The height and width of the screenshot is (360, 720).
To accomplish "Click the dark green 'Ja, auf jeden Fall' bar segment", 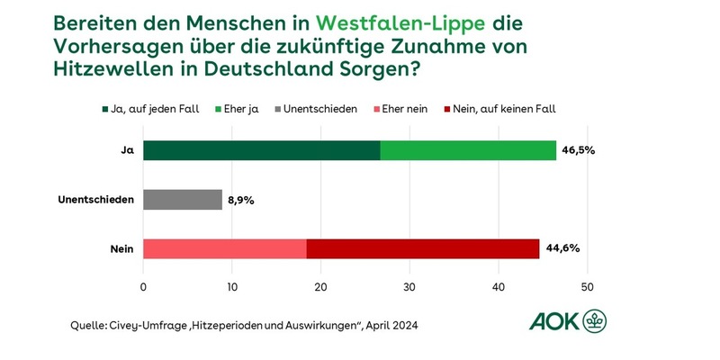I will pos(261,151).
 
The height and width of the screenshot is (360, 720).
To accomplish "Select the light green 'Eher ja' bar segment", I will pos(468,151).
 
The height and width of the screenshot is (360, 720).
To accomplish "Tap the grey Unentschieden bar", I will pos(183,200).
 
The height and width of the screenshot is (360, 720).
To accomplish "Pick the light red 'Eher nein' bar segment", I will pos(224,248).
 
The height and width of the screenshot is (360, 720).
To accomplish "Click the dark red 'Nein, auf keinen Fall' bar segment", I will pos(423,248).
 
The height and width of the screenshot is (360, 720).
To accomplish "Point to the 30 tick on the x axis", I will pos(409,287).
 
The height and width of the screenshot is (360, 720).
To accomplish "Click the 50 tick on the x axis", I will pos(588,287).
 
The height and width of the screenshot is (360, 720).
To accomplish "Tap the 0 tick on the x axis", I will pos(143,287).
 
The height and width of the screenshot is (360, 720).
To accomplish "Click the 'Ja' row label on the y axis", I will pos(128,151).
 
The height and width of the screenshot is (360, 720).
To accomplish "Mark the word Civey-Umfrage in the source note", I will pos(136,324).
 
